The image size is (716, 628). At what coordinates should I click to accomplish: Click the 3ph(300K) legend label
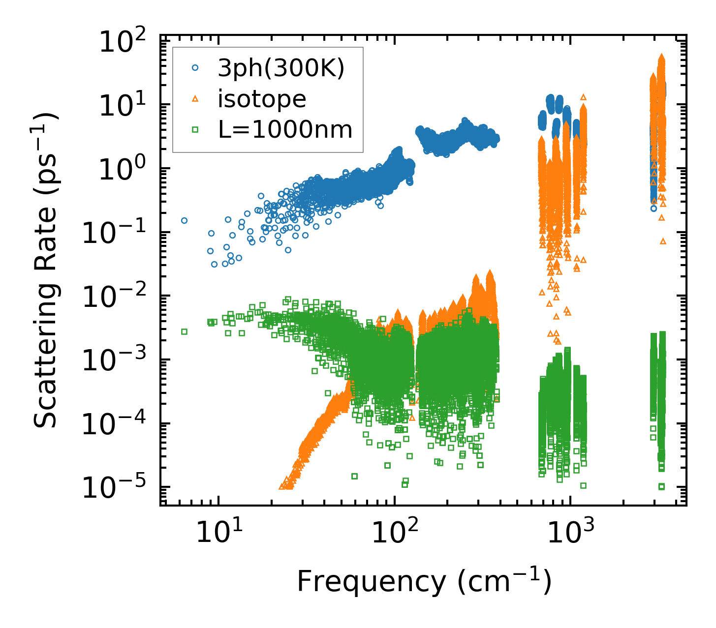[281, 69]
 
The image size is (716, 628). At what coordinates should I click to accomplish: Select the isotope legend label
[262, 99]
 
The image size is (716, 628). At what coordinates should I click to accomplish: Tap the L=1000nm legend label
[285, 130]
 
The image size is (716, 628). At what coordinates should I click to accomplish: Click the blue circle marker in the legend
[195, 69]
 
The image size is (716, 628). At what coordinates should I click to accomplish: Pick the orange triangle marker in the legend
[195, 99]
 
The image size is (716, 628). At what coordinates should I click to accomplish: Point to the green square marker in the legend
[195, 130]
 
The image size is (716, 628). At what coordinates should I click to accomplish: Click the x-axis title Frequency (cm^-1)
[424, 582]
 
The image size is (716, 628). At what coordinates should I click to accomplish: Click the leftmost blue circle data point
[184, 220]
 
